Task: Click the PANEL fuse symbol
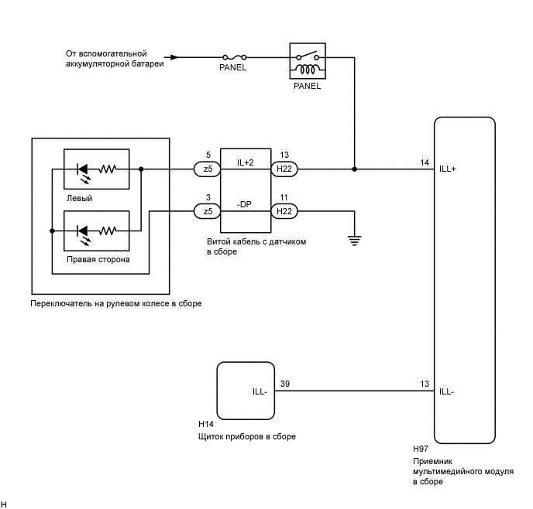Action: [x=234, y=56]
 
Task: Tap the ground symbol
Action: [x=356, y=240]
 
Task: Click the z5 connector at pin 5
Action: [x=206, y=168]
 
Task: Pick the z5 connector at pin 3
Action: [x=206, y=211]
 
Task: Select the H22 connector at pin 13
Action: [x=284, y=168]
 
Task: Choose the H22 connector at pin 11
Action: [x=284, y=211]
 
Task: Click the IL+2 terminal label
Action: [x=246, y=162]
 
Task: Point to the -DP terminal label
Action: [x=246, y=206]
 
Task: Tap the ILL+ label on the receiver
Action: [x=449, y=169]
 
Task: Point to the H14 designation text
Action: [x=206, y=424]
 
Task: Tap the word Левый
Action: [x=80, y=198]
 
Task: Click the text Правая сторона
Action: [x=98, y=260]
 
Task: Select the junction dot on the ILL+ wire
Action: [x=355, y=168]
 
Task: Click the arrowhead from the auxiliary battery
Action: [x=175, y=56]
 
